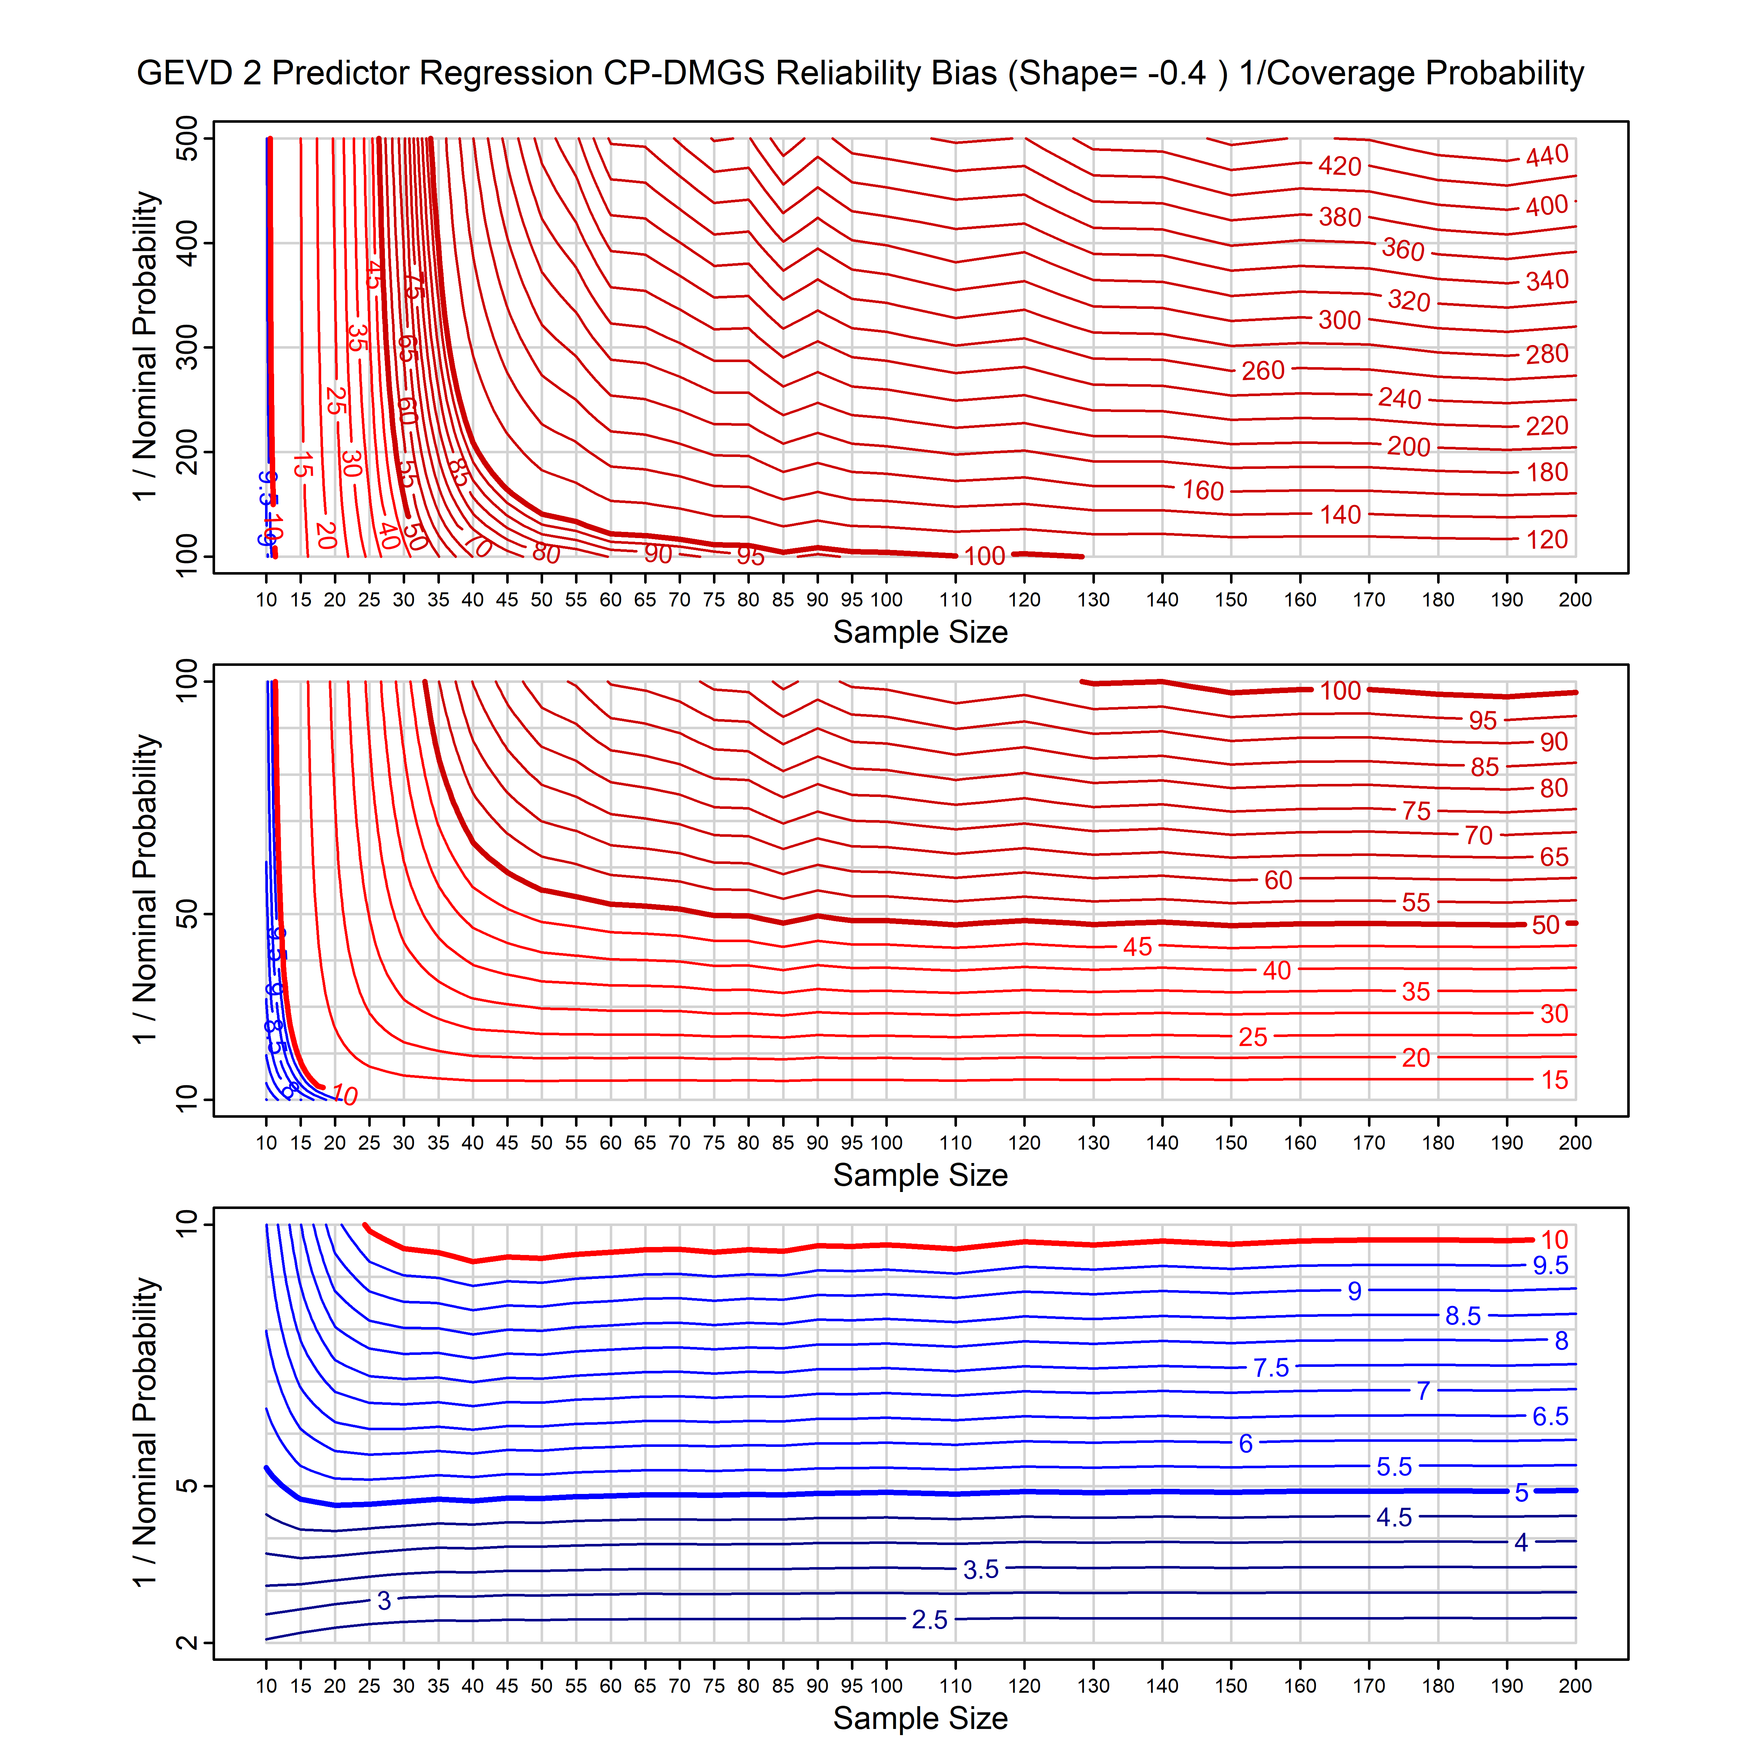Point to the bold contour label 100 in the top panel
984,556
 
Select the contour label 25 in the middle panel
1252,1037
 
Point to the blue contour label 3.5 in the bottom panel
981,1570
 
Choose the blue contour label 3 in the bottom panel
384,1600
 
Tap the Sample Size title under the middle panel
920,1175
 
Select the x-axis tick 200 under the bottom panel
1575,1686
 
